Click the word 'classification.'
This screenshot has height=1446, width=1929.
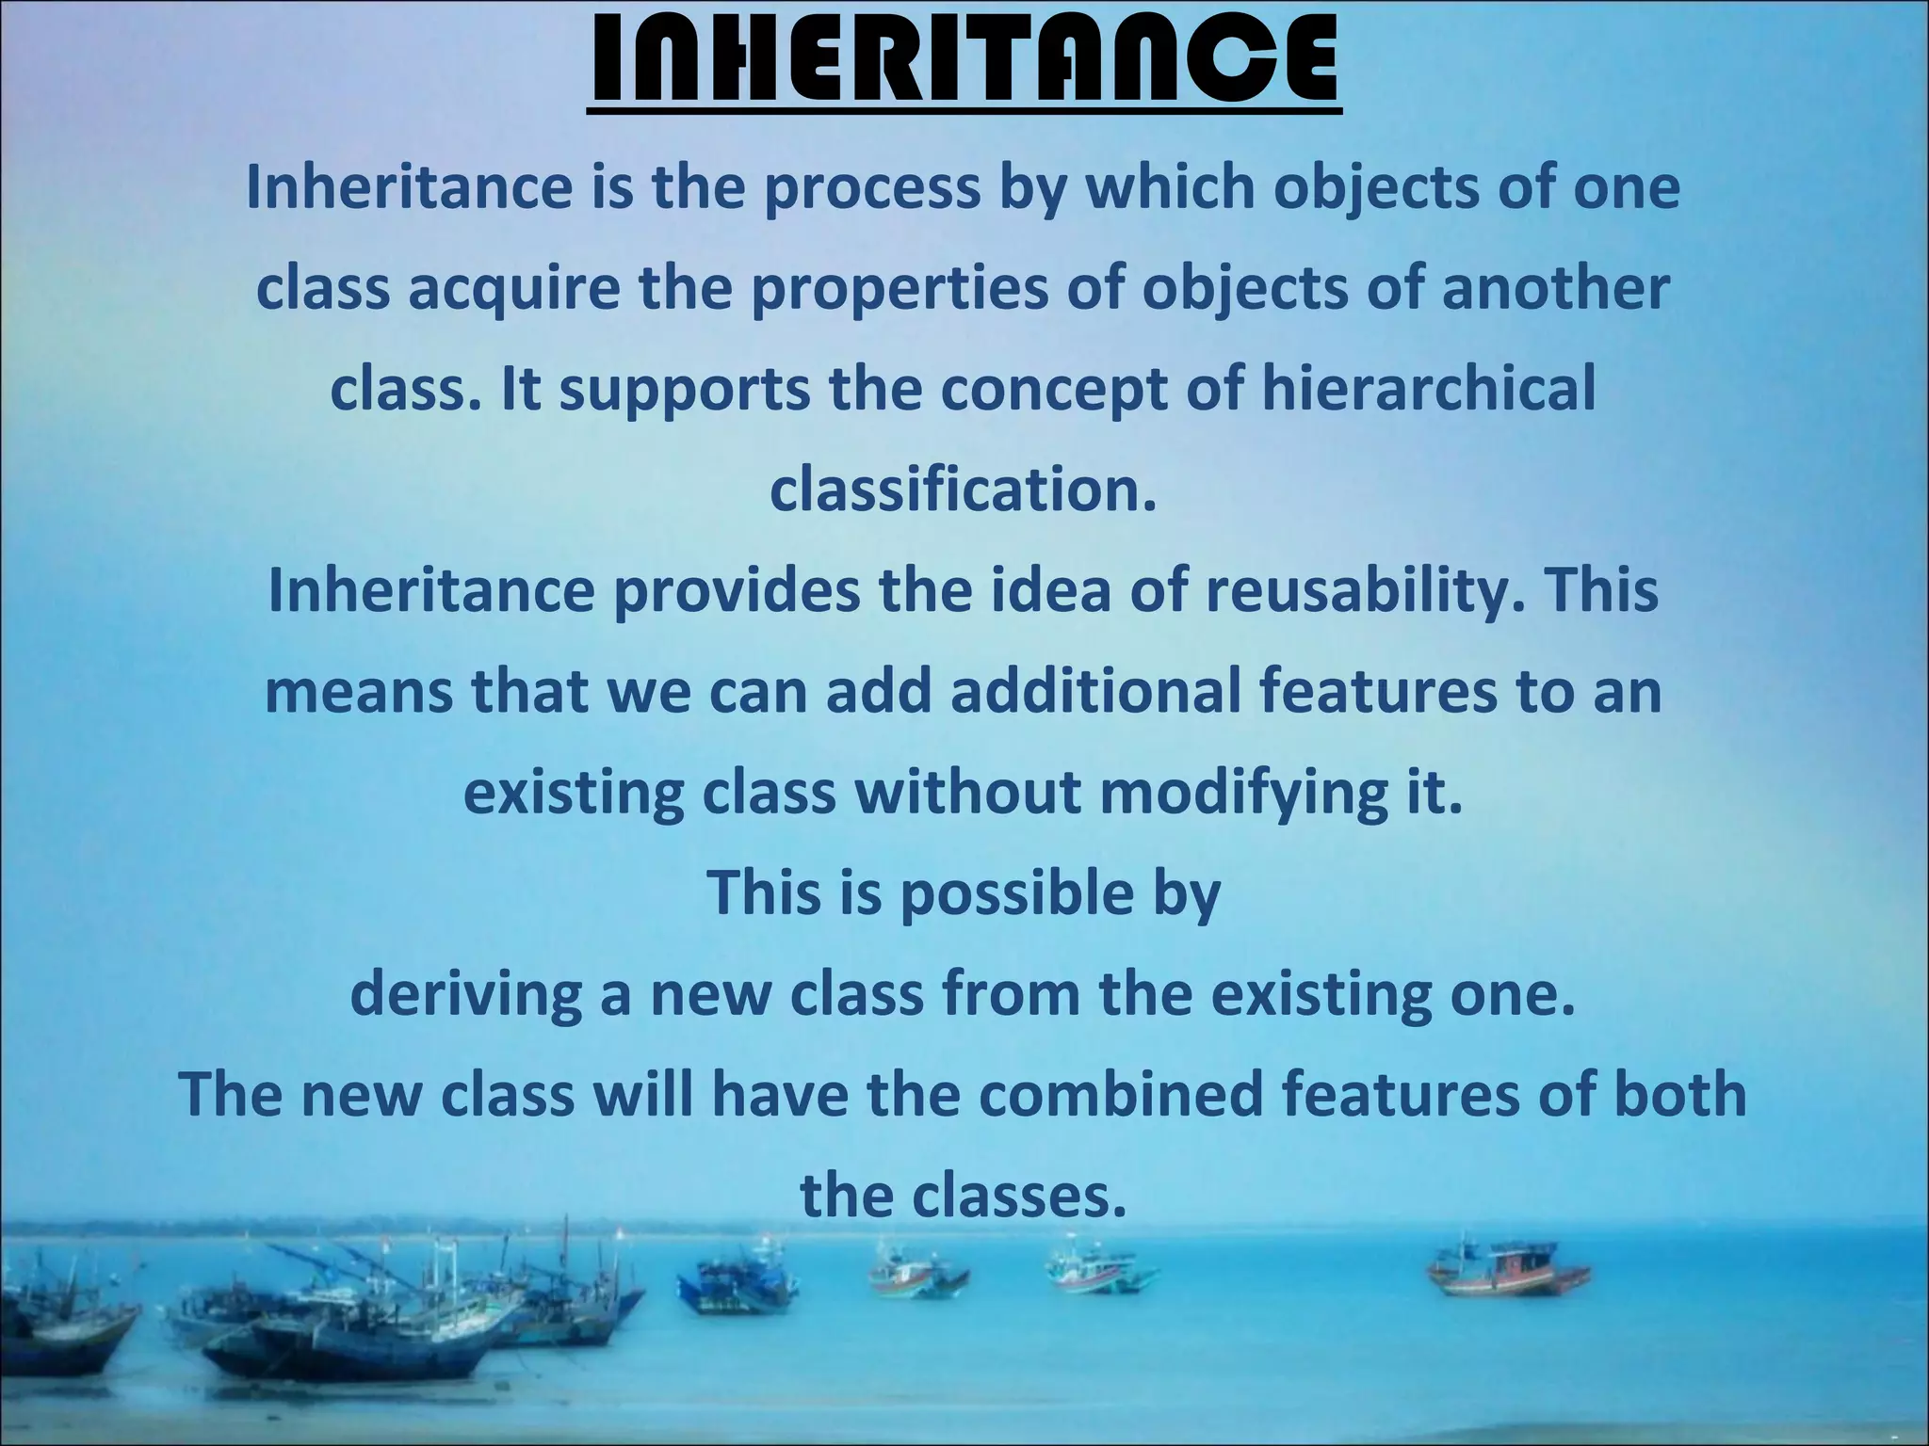pos(963,490)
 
